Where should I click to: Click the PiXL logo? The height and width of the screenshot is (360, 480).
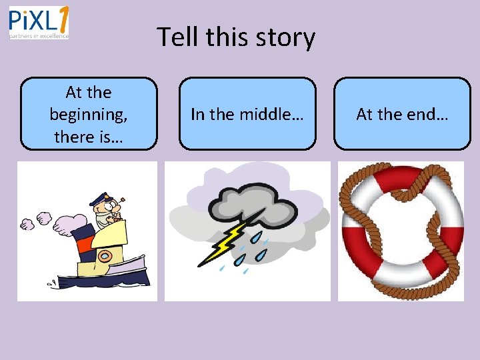pos(38,23)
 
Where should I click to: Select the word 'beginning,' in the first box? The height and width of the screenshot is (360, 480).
pos(89,114)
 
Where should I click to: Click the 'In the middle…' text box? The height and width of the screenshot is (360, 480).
pos(247,114)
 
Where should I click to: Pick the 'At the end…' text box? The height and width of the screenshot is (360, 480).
pos(402,114)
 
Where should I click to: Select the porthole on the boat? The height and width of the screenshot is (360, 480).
pos(104,257)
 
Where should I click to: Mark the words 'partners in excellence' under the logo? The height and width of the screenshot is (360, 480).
pos(39,37)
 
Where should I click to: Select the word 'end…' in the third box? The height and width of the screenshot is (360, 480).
pos(427,114)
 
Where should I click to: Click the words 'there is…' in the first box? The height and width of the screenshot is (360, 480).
pos(89,137)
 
